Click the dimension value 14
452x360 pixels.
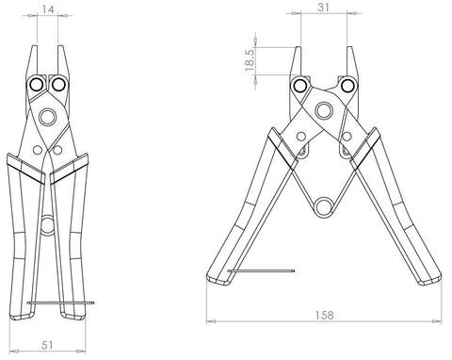[x=48, y=9]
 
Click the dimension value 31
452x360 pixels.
[x=323, y=7]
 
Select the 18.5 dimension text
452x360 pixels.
[x=250, y=59]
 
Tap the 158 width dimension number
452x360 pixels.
[x=324, y=315]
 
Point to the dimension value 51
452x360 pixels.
[x=47, y=345]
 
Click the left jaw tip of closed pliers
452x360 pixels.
[x=35, y=46]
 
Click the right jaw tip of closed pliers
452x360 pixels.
[x=60, y=46]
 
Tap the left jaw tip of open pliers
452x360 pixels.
[x=299, y=47]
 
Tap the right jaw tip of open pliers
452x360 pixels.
[x=349, y=47]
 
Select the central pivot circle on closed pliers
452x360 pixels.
[x=47, y=117]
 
